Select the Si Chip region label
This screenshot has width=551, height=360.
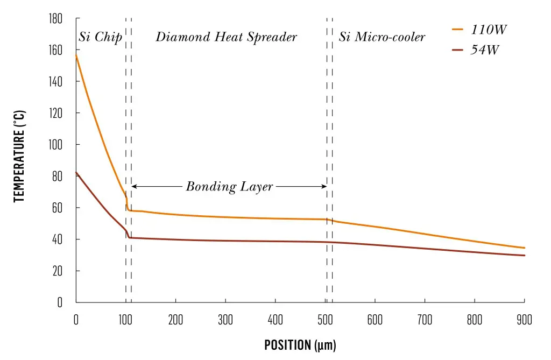pos(100,37)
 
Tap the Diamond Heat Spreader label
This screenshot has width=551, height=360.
pos(226,37)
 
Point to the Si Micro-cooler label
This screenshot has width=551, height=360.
pos(382,37)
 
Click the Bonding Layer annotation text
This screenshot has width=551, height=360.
pos(230,187)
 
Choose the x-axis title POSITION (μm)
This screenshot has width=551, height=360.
pos(300,345)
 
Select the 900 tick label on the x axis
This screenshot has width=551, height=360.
pos(525,320)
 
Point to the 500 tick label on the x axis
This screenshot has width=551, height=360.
pos(325,320)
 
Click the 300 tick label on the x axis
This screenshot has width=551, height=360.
pos(225,320)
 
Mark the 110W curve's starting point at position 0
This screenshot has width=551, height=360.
pos(76,55)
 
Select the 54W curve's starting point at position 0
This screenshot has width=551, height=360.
pos(76,172)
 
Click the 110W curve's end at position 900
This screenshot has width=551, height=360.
pos(524,248)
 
